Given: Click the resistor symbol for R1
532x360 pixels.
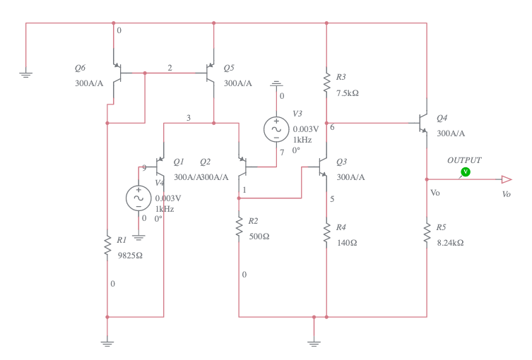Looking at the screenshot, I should (107, 246).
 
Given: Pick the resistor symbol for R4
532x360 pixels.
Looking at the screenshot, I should (326, 232).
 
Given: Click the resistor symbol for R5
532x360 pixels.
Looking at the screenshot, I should (427, 232).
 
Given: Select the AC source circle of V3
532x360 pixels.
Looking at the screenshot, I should (276, 128).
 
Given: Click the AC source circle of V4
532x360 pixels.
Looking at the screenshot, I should (139, 198).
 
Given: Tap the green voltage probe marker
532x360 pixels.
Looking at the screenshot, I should (465, 172).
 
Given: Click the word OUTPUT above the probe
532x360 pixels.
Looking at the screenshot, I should (464, 160).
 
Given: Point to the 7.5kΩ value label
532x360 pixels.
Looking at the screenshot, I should (348, 93).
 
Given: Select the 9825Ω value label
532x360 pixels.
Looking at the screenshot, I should (130, 256).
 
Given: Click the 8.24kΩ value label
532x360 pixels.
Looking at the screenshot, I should (449, 243).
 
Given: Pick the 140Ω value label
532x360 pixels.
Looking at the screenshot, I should (346, 243).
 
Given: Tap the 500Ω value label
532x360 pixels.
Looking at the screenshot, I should (259, 236).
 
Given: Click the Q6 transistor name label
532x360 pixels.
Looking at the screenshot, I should (80, 68).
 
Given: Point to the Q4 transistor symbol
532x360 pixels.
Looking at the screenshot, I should (424, 123).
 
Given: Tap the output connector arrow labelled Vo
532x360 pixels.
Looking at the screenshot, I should (506, 179).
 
